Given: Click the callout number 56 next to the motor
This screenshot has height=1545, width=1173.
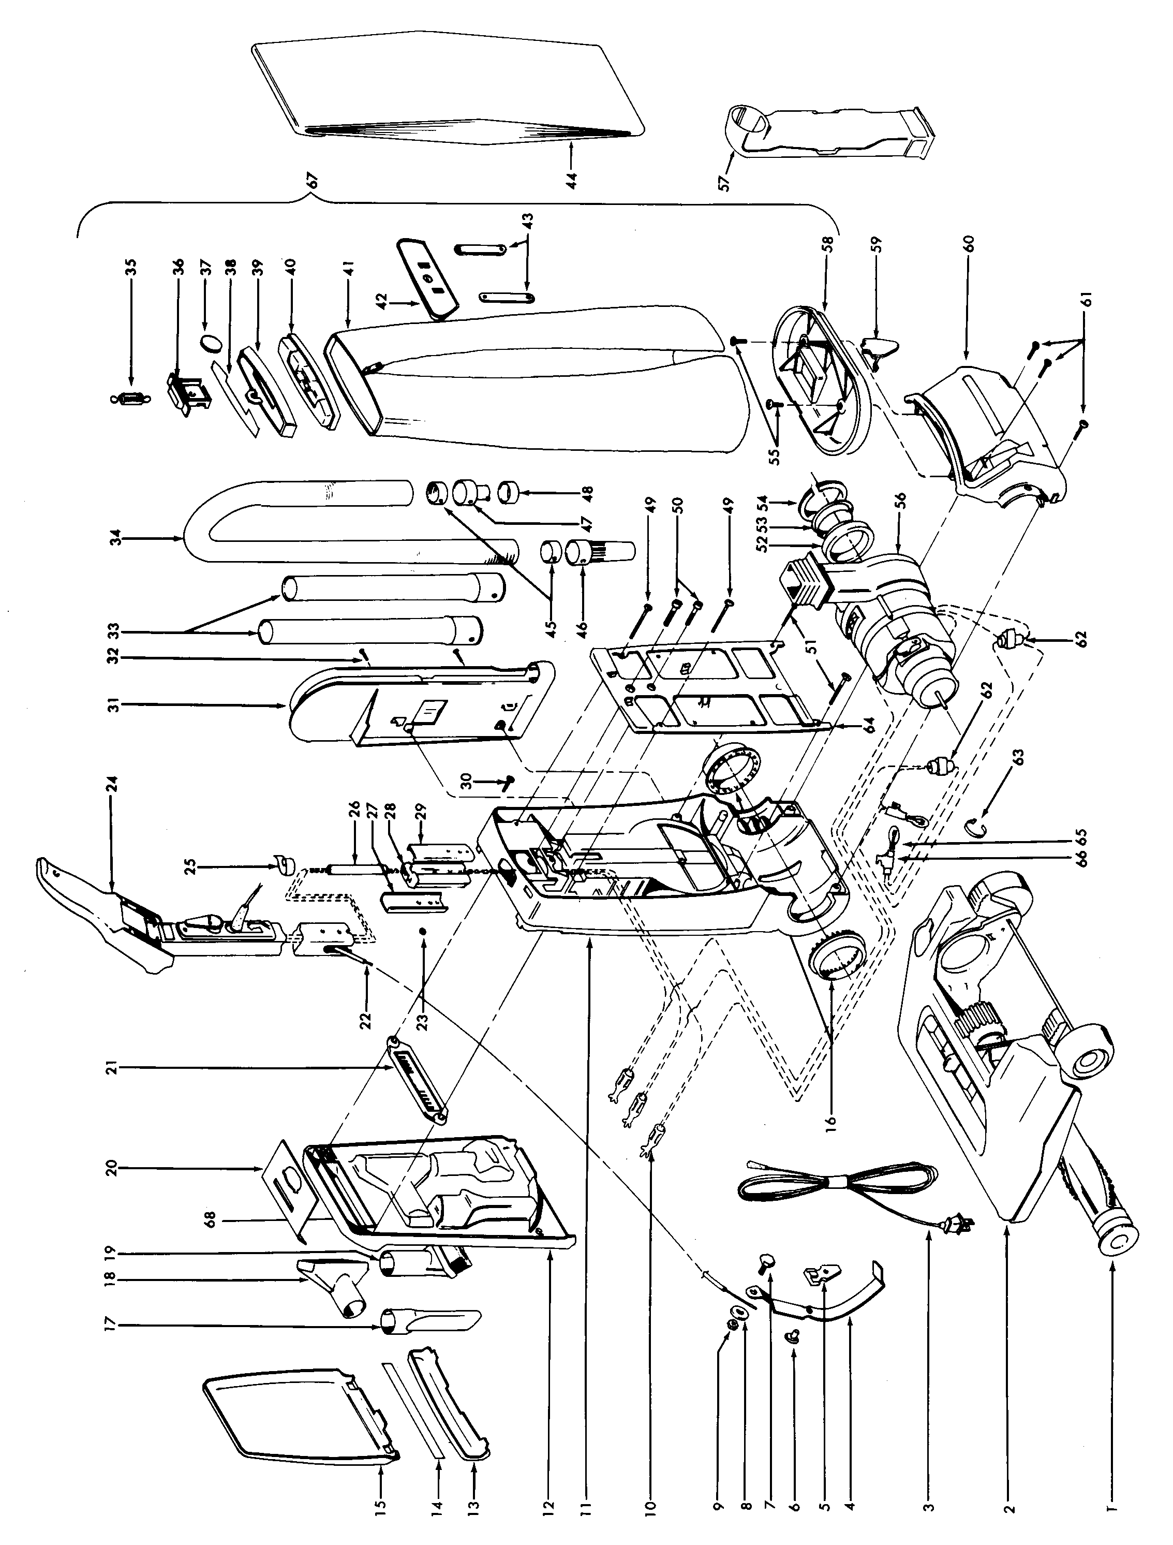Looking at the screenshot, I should click(x=900, y=500).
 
